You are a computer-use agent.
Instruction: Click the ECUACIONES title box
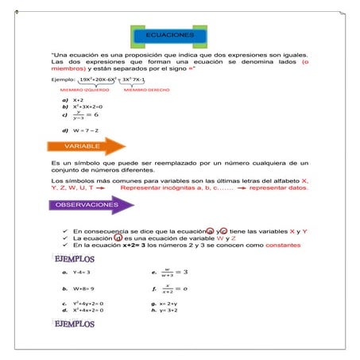[x=169, y=37]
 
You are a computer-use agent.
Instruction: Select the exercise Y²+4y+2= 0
[x=88, y=304]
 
